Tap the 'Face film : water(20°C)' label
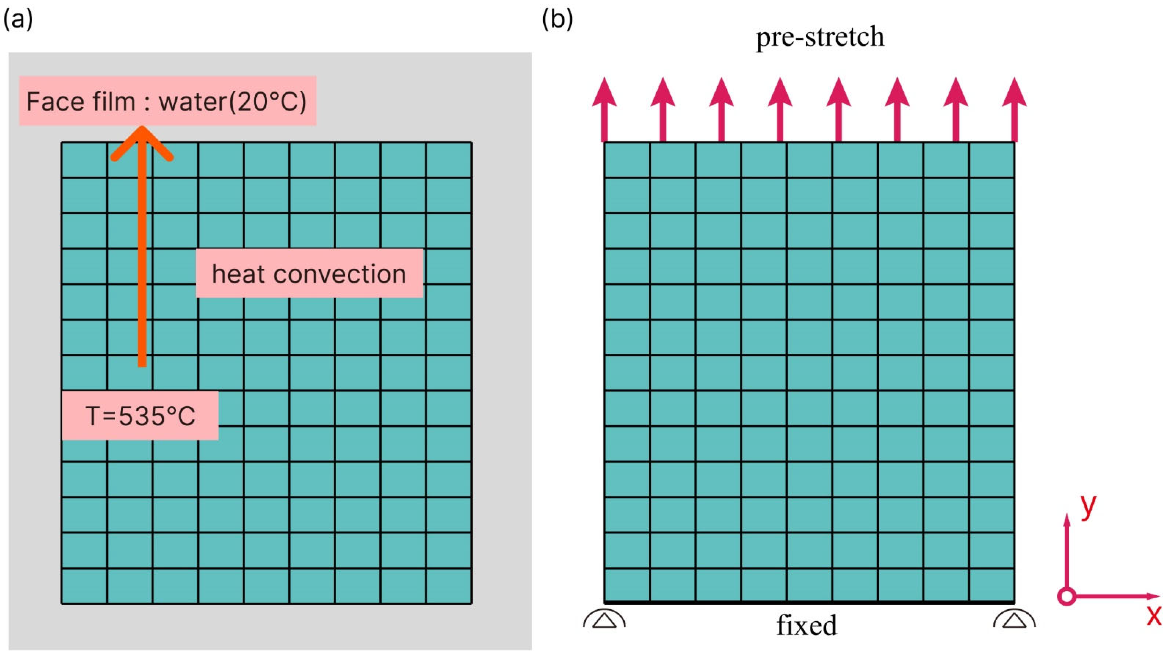(x=167, y=101)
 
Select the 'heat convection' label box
(x=309, y=274)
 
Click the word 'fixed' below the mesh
(x=807, y=626)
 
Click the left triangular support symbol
(x=604, y=620)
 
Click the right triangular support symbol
(x=1014, y=620)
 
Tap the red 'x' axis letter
(x=1154, y=615)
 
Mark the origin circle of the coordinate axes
(x=1067, y=597)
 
